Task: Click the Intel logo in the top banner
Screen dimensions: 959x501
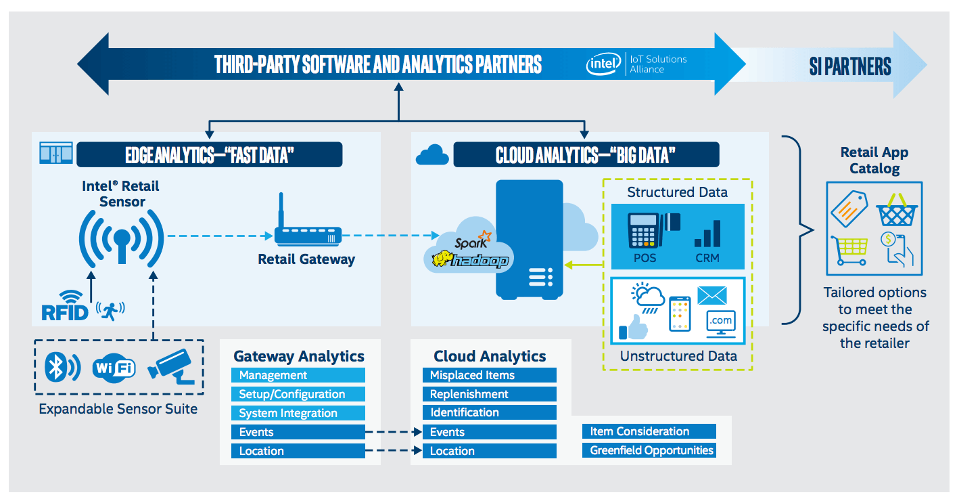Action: click(x=604, y=64)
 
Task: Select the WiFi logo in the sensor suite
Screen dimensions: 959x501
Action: click(x=114, y=368)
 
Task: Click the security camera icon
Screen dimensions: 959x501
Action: click(x=171, y=366)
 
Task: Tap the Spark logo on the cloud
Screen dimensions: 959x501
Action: click(x=473, y=240)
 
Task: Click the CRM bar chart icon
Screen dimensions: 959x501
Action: click(x=707, y=234)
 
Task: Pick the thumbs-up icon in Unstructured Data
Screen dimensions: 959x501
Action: click(x=633, y=328)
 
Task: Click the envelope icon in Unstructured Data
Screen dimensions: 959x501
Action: click(x=712, y=296)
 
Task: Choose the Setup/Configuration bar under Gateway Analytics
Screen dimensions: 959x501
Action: click(x=298, y=394)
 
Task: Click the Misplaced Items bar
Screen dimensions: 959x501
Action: click(x=490, y=375)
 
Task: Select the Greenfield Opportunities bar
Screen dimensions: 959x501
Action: click(x=649, y=450)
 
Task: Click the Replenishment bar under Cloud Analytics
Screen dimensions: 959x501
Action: click(x=490, y=394)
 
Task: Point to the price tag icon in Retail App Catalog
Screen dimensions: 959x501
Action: click(x=849, y=209)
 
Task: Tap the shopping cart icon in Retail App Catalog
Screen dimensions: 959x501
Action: click(x=849, y=250)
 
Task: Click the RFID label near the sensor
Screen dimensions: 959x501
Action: click(x=65, y=312)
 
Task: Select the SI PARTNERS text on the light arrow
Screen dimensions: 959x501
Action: click(x=850, y=66)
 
